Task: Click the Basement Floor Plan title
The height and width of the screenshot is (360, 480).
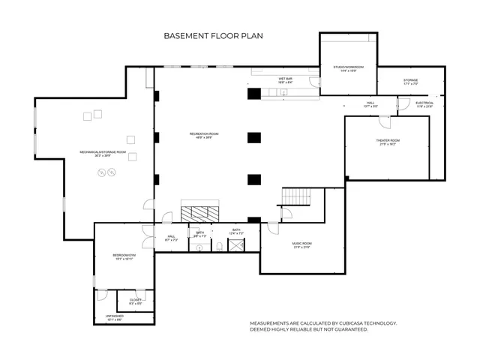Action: pyautogui.click(x=213, y=35)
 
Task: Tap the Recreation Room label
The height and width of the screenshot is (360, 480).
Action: pyautogui.click(x=199, y=135)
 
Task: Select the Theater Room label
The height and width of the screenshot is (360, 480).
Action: pyautogui.click(x=388, y=141)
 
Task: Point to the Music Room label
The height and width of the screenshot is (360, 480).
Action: pyautogui.click(x=301, y=244)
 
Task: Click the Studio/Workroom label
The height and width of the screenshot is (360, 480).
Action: pyautogui.click(x=349, y=67)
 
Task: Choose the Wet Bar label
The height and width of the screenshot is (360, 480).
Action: pyautogui.click(x=285, y=79)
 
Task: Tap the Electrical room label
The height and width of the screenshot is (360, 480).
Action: pyautogui.click(x=424, y=103)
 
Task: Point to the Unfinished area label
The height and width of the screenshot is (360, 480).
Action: pyautogui.click(x=114, y=316)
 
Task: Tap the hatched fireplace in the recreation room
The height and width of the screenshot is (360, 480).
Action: pyautogui.click(x=199, y=211)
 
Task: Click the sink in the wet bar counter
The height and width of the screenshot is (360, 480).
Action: pyautogui.click(x=283, y=93)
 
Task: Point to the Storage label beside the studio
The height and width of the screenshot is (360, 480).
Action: pyautogui.click(x=410, y=80)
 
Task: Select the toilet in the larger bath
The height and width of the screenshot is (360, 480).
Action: pyautogui.click(x=220, y=244)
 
